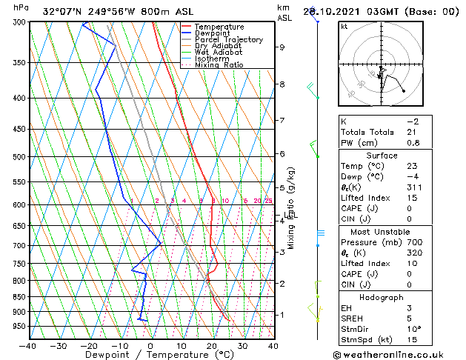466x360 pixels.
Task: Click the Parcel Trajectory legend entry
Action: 228,40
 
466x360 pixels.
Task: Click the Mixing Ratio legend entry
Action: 219,65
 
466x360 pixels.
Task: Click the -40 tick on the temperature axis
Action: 27,345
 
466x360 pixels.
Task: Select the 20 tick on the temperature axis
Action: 212,345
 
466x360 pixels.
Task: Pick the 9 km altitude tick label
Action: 282,47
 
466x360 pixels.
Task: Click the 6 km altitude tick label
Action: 282,154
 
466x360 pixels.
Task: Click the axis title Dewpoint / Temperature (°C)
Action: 150,355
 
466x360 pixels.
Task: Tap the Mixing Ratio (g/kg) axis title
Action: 291,207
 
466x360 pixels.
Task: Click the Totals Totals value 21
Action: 412,132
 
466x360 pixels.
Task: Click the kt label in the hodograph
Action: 344,26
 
